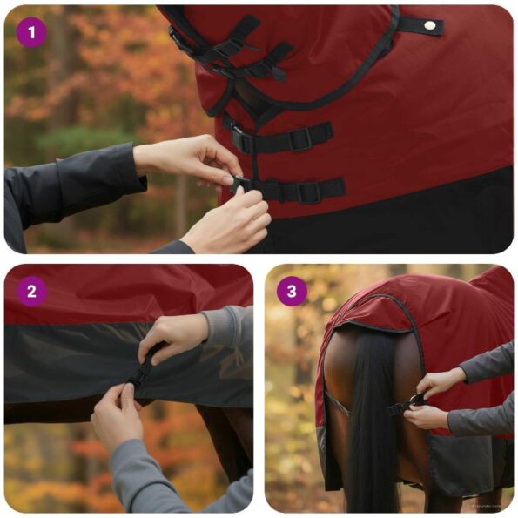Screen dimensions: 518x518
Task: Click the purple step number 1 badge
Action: tap(31, 34)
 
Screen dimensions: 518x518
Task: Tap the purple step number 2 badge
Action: tap(31, 292)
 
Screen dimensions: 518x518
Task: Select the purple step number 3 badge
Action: tap(292, 292)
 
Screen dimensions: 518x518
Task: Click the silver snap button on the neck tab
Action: tap(429, 27)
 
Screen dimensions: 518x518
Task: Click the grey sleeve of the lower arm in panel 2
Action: tap(144, 474)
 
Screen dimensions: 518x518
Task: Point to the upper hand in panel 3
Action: tap(440, 383)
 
